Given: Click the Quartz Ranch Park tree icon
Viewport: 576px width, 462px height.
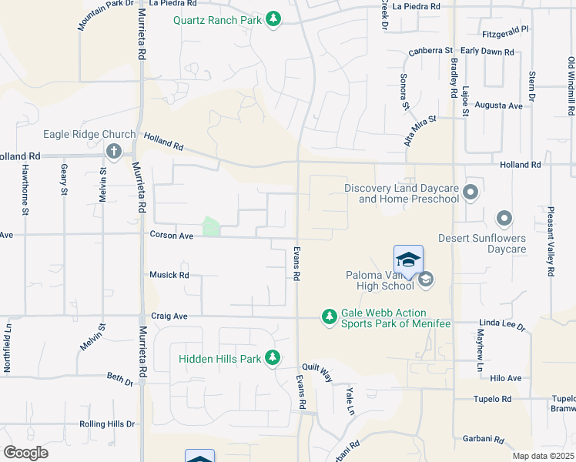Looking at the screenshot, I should click(273, 18).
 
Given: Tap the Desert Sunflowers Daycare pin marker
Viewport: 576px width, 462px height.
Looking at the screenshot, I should click(504, 219).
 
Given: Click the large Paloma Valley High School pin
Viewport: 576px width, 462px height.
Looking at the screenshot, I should click(408, 259).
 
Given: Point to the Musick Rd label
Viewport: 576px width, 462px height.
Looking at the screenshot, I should click(169, 275).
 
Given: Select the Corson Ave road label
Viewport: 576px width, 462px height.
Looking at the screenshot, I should click(171, 236).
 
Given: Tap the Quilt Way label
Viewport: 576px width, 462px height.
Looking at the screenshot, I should click(316, 374).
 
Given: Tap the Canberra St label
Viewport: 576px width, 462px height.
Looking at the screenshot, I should click(430, 51).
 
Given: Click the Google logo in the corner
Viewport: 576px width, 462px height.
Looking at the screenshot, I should click(25, 453).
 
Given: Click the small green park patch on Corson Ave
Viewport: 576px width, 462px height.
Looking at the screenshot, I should click(210, 226).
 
